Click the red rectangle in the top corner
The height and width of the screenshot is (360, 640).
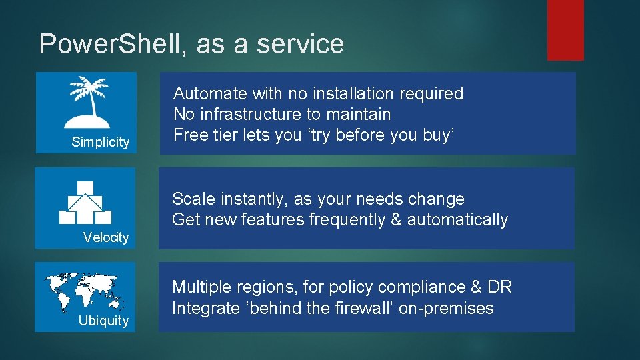point(565,30)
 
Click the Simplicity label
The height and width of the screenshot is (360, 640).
point(101,142)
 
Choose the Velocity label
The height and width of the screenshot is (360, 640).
point(106,237)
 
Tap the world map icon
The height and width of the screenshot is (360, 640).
point(85,291)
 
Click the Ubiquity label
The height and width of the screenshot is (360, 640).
point(103,321)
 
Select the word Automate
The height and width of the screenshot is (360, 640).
point(210,94)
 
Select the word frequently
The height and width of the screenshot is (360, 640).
point(338,220)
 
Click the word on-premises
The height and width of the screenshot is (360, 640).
point(446,309)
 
